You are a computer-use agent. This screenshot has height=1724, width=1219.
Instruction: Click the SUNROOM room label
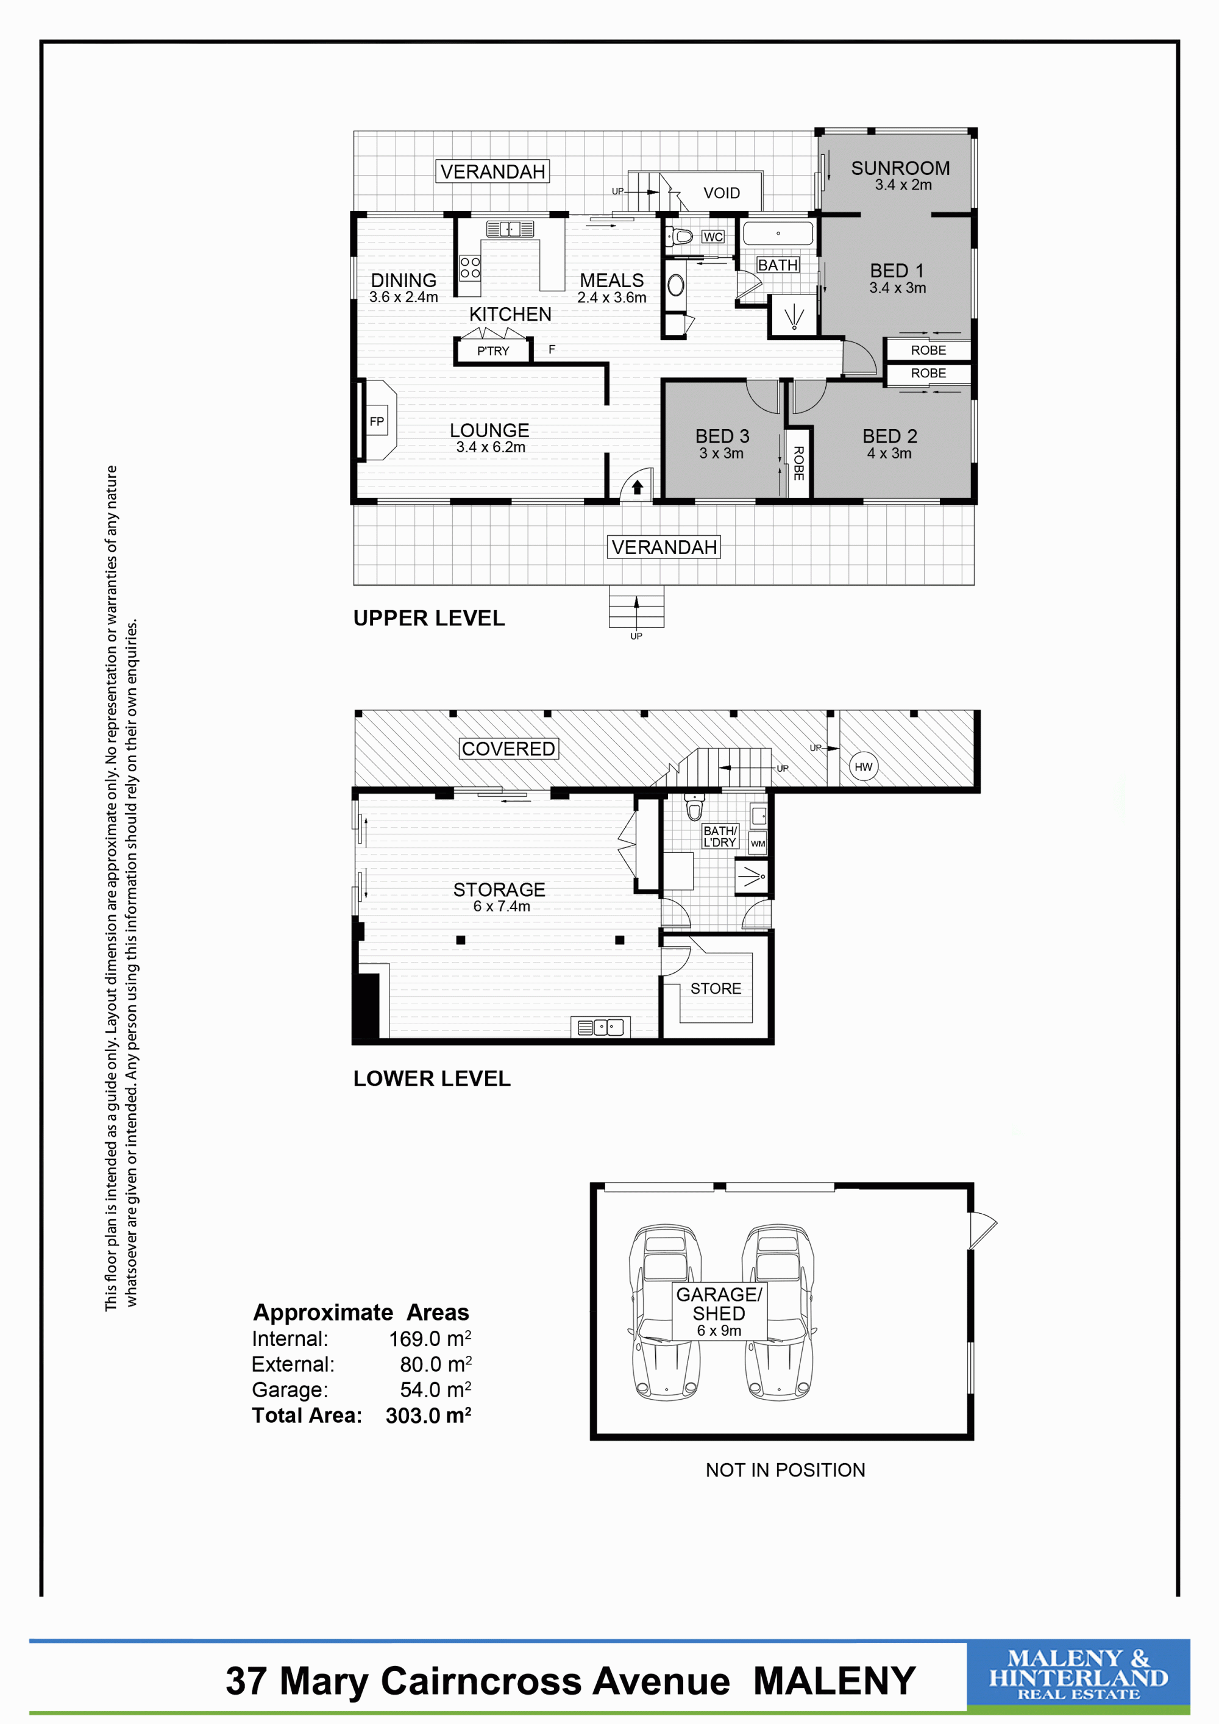point(900,168)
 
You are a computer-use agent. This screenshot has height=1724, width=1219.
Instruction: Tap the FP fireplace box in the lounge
point(377,421)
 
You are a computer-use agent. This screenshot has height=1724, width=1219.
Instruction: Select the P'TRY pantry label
point(493,351)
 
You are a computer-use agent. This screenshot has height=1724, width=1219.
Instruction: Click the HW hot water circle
point(863,767)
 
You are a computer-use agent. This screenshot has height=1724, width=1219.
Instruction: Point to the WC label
point(713,237)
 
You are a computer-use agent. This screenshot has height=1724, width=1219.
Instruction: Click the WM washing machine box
point(758,843)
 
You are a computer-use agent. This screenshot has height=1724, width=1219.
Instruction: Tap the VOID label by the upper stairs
point(721,193)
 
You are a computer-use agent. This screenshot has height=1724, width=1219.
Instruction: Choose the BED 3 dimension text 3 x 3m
point(721,454)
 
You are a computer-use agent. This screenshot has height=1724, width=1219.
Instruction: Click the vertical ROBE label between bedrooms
point(798,463)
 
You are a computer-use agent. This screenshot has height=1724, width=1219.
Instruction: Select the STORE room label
point(716,989)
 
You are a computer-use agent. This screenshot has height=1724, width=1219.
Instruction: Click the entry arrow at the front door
point(638,487)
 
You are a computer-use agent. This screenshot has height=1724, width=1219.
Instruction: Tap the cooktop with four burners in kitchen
point(470,267)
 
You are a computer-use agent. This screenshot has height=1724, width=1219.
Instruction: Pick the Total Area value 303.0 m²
point(428,1416)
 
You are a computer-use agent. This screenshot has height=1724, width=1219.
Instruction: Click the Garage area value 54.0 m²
point(435,1390)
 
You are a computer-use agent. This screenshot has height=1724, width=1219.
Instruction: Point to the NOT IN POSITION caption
point(785,1469)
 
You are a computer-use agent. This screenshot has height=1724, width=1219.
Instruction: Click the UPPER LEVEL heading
point(428,618)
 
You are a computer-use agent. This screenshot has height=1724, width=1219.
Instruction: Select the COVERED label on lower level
point(508,749)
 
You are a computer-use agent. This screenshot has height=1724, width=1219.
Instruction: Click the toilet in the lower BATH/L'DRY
point(694,806)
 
